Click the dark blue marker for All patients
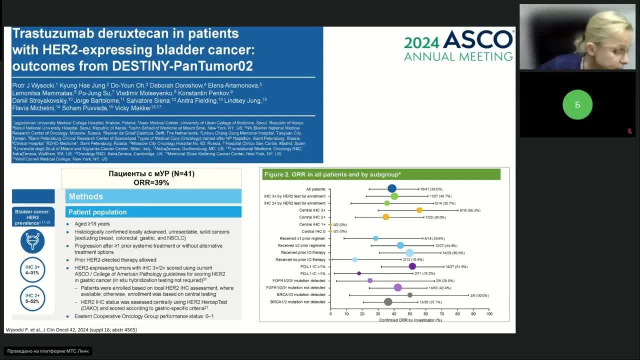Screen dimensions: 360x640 pyautogui.click(x=392, y=188)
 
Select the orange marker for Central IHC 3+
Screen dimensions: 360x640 pyautogui.click(x=419, y=210)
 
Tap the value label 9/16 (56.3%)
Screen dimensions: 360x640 pyautogui.click(x=470, y=210)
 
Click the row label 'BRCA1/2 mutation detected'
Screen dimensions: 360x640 pyautogui.click(x=298, y=295)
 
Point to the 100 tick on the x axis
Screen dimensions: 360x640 pyautogui.click(x=489, y=314)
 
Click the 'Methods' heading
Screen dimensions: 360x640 pyautogui.click(x=86, y=196)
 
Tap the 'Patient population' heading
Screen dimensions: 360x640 pyautogui.click(x=97, y=212)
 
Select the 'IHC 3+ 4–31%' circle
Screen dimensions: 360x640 pyautogui.click(x=32, y=270)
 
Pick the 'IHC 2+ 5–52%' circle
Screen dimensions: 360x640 pyautogui.click(x=32, y=298)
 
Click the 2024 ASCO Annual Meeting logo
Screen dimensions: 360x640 pyautogui.click(x=458, y=45)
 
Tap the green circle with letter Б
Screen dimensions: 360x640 pyautogui.click(x=577, y=104)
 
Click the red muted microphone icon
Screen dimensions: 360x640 pyautogui.click(x=629, y=131)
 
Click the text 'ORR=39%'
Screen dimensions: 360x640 pyautogui.click(x=151, y=183)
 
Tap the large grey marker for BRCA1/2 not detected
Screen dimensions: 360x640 pyautogui.click(x=388, y=301)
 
